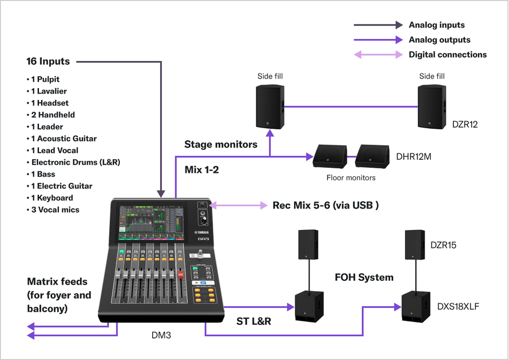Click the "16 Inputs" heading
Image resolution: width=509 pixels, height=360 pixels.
coord(48,61)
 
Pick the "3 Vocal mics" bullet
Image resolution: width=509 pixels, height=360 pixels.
coord(55,210)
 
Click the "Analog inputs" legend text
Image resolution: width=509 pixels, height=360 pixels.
coord(436,25)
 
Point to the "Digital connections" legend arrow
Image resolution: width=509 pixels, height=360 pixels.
coord(378,55)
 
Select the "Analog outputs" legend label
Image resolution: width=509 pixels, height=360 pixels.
coord(439,40)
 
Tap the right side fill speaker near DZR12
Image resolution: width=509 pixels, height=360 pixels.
coord(433,107)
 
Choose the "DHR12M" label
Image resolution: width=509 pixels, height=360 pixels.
coord(414,157)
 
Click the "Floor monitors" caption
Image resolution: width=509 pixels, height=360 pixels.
coord(351,177)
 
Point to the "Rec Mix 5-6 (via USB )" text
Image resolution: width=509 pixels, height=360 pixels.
coord(325,205)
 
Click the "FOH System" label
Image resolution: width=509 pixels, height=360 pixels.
coord(364,277)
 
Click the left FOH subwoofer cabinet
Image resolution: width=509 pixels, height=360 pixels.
coord(309,307)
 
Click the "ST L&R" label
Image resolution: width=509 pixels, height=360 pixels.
coord(253,322)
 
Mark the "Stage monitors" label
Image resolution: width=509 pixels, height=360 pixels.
coord(221,144)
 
